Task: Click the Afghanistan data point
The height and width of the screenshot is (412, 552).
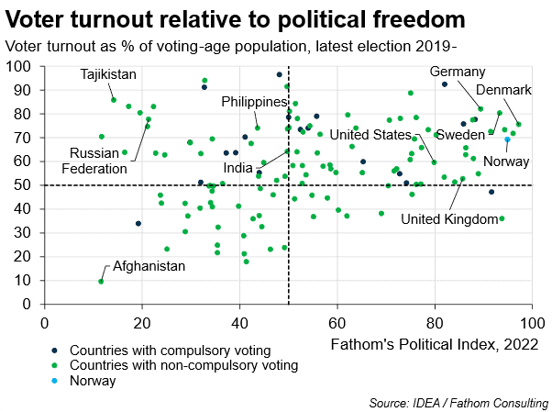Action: pyautogui.click(x=101, y=282)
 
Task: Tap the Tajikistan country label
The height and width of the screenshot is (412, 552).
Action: pyautogui.click(x=108, y=74)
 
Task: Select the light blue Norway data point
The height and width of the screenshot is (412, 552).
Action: pyautogui.click(x=508, y=139)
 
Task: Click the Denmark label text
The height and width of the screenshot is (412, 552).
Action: pyautogui.click(x=503, y=90)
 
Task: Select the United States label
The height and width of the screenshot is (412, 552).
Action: pyautogui.click(x=370, y=135)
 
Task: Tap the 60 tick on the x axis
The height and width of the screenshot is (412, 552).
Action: pyautogui.click(x=337, y=321)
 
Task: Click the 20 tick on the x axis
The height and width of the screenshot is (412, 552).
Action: pyautogui.click(x=142, y=321)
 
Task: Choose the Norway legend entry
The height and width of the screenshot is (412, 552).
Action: pyautogui.click(x=93, y=381)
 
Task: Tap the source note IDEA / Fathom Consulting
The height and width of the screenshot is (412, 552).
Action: pyautogui.click(x=458, y=402)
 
